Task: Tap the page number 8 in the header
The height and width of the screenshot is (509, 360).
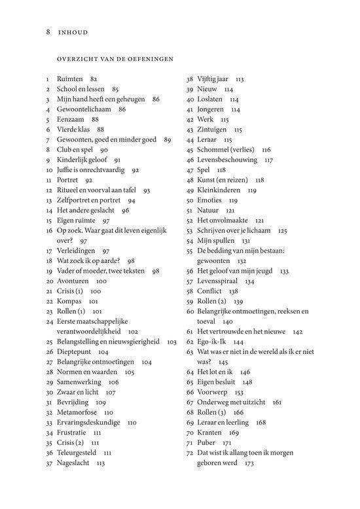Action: tap(48, 30)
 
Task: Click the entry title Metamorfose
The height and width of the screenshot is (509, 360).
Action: tap(77, 412)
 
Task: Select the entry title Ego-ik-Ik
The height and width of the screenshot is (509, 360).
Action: tap(212, 342)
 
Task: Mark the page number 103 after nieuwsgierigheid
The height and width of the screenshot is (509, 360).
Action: tap(172, 342)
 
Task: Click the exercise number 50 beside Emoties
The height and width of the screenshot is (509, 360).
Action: tap(190, 200)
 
